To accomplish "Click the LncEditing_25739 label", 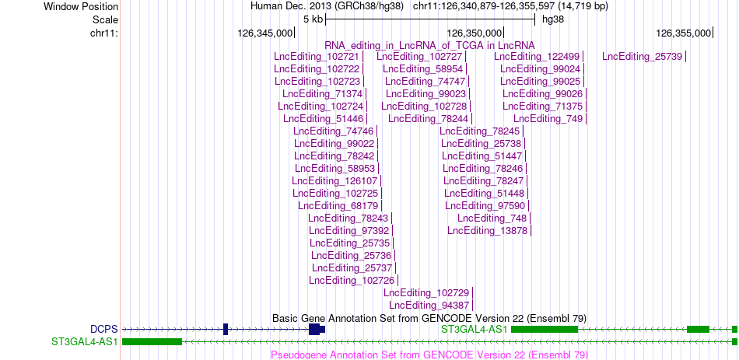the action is click(642, 57).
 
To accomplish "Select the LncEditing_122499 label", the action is click(537, 57).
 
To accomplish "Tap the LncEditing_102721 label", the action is click(317, 57).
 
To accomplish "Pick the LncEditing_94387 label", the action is click(429, 306).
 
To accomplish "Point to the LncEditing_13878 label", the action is click(488, 230).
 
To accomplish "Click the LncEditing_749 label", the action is click(548, 118).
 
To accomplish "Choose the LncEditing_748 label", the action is click(492, 218).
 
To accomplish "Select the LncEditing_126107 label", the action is click(334, 180).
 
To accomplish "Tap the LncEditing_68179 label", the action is click(338, 205).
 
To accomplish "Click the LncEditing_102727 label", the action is click(419, 57).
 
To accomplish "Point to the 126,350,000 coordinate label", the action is click(474, 33).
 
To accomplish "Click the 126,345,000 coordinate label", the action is click(264, 33).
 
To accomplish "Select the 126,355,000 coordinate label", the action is click(683, 33).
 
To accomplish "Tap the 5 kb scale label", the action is click(313, 19).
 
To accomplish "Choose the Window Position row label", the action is click(81, 6).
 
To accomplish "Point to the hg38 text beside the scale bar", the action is click(553, 19).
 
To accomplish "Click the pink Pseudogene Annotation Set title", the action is click(429, 355).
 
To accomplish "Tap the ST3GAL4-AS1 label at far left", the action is click(85, 341).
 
